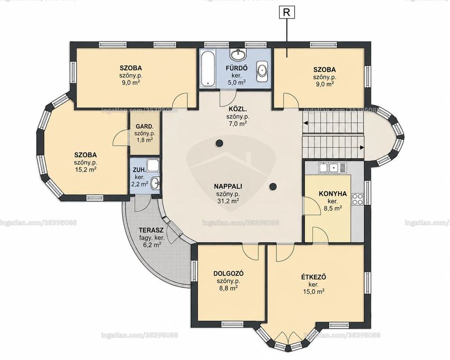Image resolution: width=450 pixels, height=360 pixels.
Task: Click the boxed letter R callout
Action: coord(286,12)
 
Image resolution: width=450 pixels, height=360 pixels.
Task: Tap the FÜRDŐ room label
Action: coord(236,68)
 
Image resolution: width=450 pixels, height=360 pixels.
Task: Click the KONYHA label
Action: coord(332,193)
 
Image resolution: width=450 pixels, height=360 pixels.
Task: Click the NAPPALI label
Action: coord(228,186)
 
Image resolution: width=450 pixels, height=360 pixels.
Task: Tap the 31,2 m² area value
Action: coord(228,201)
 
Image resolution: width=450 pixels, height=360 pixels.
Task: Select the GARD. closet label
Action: coord(145,127)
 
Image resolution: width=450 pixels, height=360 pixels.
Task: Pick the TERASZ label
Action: coord(151,230)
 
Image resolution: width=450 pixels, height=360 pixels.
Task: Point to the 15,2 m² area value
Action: coord(85,169)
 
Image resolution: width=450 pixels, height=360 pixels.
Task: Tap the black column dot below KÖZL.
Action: coord(219,142)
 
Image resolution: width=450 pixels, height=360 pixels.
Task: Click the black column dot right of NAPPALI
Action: coord(273,187)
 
